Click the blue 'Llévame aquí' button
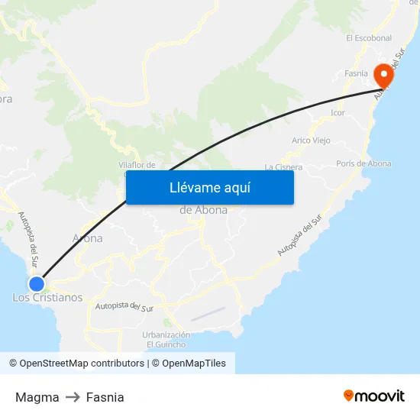click(209, 187)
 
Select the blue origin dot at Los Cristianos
click(36, 283)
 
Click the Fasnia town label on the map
click(357, 73)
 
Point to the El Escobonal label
click(368, 37)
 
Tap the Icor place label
click(338, 113)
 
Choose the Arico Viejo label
click(311, 141)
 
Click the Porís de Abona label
click(363, 163)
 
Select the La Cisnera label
click(283, 166)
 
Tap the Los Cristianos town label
click(47, 298)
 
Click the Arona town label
click(87, 238)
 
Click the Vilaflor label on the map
click(137, 164)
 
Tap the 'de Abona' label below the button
click(203, 210)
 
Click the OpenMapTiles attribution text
click(194, 363)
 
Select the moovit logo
click(374, 396)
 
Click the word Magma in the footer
click(37, 397)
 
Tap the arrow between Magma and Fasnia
click(73, 397)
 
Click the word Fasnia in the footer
click(105, 397)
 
